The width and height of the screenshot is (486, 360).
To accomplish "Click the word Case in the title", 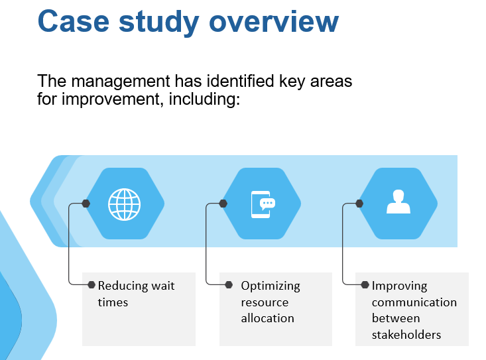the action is (x=74, y=21).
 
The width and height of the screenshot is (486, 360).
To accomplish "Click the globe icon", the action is (x=124, y=204).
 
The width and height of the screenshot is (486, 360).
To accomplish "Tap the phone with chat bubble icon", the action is (x=263, y=204).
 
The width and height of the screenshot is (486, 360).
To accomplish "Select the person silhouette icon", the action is (x=398, y=202).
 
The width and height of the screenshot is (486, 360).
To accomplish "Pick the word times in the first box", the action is (x=113, y=302).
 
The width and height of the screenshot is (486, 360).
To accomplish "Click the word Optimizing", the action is (x=271, y=286).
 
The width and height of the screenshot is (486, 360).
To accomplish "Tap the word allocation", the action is (x=267, y=318).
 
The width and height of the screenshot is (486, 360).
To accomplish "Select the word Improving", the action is (x=400, y=286).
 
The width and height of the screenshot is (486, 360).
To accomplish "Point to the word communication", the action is (x=414, y=302).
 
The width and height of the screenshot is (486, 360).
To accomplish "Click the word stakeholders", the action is (x=406, y=335).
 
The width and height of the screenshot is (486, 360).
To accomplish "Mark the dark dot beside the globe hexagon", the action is (x=86, y=204).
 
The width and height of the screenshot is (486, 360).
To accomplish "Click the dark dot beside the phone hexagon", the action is (x=223, y=204).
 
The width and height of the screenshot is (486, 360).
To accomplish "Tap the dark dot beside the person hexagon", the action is (x=359, y=204).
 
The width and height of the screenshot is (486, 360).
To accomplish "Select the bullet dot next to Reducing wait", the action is (x=91, y=284).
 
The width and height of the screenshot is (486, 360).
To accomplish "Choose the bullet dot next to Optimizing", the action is (x=229, y=284).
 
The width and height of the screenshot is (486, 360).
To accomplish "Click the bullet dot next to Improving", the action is (x=365, y=284).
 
